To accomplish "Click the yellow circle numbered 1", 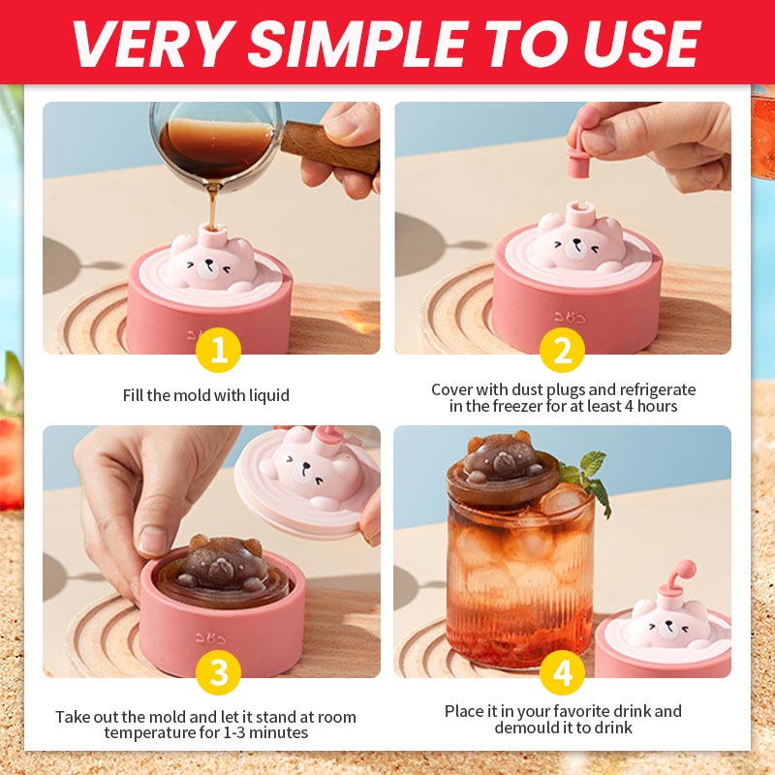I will click(218, 351).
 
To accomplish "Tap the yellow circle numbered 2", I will click(563, 351).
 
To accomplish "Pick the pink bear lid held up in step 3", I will click(310, 475).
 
